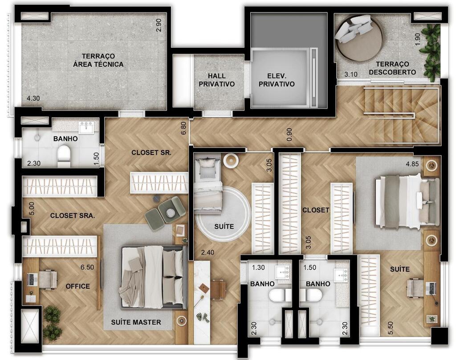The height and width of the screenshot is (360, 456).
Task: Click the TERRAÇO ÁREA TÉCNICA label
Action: pos(98,60)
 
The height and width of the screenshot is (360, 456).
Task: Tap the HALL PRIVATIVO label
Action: pos(217,80)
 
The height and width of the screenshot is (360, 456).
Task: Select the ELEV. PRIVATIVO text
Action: pos(277,80)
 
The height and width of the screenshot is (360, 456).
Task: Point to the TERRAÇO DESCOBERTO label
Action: pos(392,68)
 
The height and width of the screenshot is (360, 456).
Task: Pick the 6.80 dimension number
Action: pos(183,128)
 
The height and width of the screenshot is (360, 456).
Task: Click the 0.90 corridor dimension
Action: pos(289,135)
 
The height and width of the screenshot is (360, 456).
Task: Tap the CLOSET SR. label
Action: pos(151,152)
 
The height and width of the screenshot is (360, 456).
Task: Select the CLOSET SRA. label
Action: pos(73,216)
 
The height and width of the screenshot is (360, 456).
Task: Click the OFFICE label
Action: pos(77,286)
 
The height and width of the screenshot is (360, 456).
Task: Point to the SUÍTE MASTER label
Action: pos(136,322)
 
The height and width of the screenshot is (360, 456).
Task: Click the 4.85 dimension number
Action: pos(412,164)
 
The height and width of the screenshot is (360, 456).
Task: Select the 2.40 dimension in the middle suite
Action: pos(208,252)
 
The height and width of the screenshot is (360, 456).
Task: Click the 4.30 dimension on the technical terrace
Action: pos(33,98)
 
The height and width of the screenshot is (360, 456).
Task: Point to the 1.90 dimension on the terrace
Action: pos(418,39)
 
